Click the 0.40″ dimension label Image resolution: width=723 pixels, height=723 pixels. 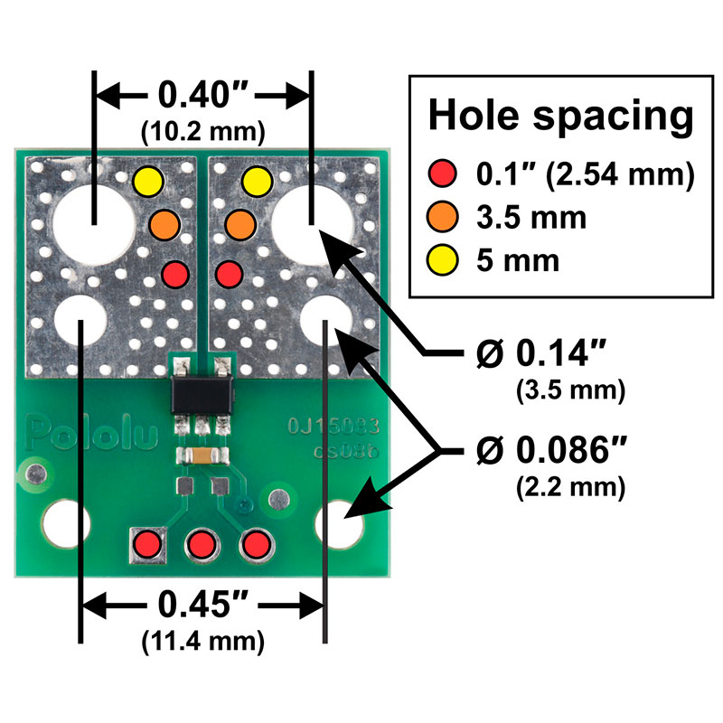point(203,94)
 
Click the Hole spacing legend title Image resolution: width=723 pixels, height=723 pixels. point(561,117)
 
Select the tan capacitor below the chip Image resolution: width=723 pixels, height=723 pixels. point(201,454)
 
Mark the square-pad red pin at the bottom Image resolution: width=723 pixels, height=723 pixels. point(146,545)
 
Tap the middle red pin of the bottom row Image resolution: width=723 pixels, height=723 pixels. point(201,545)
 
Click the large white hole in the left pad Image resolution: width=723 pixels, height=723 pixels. point(94,220)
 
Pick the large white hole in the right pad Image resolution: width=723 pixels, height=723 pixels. point(313,220)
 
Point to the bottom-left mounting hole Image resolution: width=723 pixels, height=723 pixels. point(66,522)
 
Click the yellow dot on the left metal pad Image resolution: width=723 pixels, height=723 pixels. point(146,182)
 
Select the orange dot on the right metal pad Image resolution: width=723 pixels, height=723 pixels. point(237,221)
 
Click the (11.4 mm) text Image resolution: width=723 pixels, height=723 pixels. point(203,643)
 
